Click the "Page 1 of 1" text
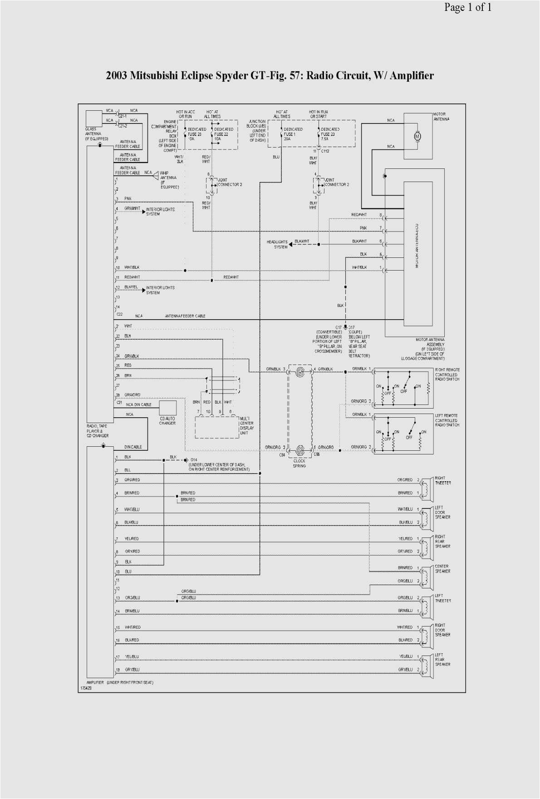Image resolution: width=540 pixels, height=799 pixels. pos(467,7)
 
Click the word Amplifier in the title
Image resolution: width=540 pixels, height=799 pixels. pos(412,75)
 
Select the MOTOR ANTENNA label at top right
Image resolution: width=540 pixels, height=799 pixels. pos(441,117)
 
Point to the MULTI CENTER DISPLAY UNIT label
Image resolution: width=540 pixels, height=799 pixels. pos(247,425)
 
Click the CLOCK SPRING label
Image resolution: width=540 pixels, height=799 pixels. pos(299,463)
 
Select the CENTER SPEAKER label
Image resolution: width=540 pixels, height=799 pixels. pos(442,568)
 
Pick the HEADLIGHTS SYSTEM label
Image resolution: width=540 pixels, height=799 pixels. pos(277,244)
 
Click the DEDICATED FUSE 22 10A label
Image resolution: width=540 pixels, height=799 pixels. pos(224,134)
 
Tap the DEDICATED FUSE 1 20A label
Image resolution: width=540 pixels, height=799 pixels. pos(293,134)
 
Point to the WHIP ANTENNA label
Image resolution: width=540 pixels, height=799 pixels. pos(168,180)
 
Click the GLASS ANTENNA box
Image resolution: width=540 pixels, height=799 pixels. pos(94,118)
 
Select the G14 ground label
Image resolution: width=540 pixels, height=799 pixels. pos(194,459)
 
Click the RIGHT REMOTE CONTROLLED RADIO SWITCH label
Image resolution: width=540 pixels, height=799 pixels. pos(447,375)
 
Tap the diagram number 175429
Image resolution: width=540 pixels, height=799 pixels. pos(86,688)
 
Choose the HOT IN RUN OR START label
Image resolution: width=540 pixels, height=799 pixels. pos(318,114)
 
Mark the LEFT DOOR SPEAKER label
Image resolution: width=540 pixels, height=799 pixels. pos(442,512)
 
